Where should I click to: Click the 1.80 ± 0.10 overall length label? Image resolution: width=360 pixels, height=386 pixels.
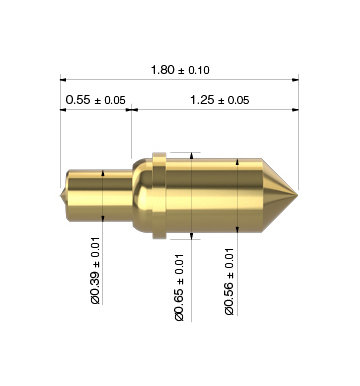pyautogui.click(x=180, y=70)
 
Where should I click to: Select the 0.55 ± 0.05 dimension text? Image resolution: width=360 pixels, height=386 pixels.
pyautogui.click(x=95, y=100)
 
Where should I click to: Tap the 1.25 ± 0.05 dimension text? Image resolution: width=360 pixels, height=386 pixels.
pyautogui.click(x=219, y=100)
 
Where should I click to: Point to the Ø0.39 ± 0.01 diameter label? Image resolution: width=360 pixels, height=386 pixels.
pyautogui.click(x=95, y=270)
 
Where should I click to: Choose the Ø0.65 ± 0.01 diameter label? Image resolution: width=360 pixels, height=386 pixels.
pyautogui.click(x=179, y=287)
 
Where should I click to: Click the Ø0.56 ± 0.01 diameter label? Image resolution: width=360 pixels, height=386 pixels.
pyautogui.click(x=229, y=282)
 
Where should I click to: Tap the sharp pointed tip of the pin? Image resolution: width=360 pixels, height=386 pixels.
pyautogui.click(x=297, y=195)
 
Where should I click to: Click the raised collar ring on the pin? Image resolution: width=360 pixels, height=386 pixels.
pyautogui.click(x=159, y=196)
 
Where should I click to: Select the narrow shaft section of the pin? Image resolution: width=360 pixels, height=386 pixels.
pyautogui.click(x=99, y=196)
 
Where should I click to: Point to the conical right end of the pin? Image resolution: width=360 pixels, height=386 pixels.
pyautogui.click(x=278, y=195)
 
